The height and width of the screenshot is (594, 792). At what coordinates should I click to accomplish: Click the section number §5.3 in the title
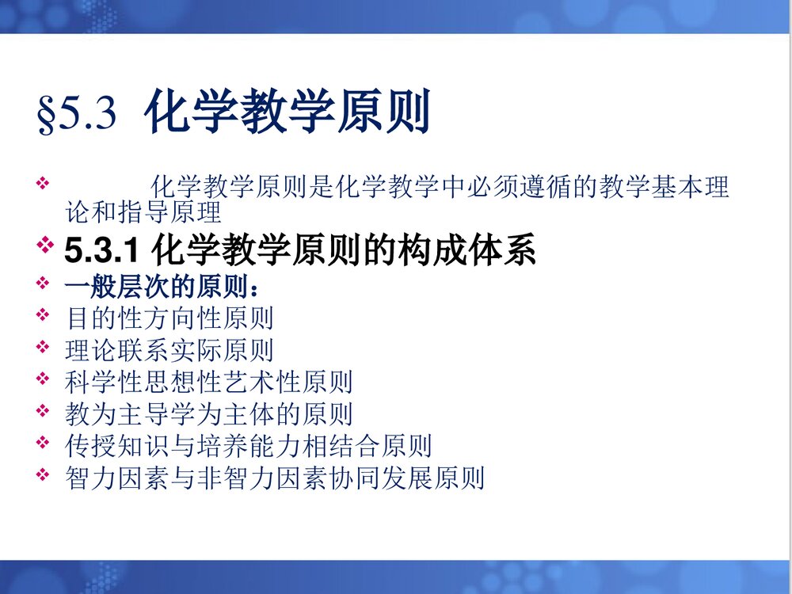[x=77, y=113]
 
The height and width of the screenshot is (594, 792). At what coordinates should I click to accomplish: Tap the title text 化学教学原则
[x=287, y=112]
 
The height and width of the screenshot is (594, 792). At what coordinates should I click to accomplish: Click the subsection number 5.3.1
[x=102, y=251]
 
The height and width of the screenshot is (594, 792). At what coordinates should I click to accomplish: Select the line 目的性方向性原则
[x=169, y=318]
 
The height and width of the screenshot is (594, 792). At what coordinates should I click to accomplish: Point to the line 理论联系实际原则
[x=169, y=349]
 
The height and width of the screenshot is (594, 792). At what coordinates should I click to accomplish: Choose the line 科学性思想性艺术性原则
[x=209, y=382]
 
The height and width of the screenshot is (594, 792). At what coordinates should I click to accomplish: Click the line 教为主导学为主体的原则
[x=209, y=413]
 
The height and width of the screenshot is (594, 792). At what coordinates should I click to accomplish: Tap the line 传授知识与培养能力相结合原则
[x=249, y=445]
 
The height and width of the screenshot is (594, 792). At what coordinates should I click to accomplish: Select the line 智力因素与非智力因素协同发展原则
[x=275, y=478]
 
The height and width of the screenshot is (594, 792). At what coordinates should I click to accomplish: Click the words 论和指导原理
[x=143, y=213]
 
